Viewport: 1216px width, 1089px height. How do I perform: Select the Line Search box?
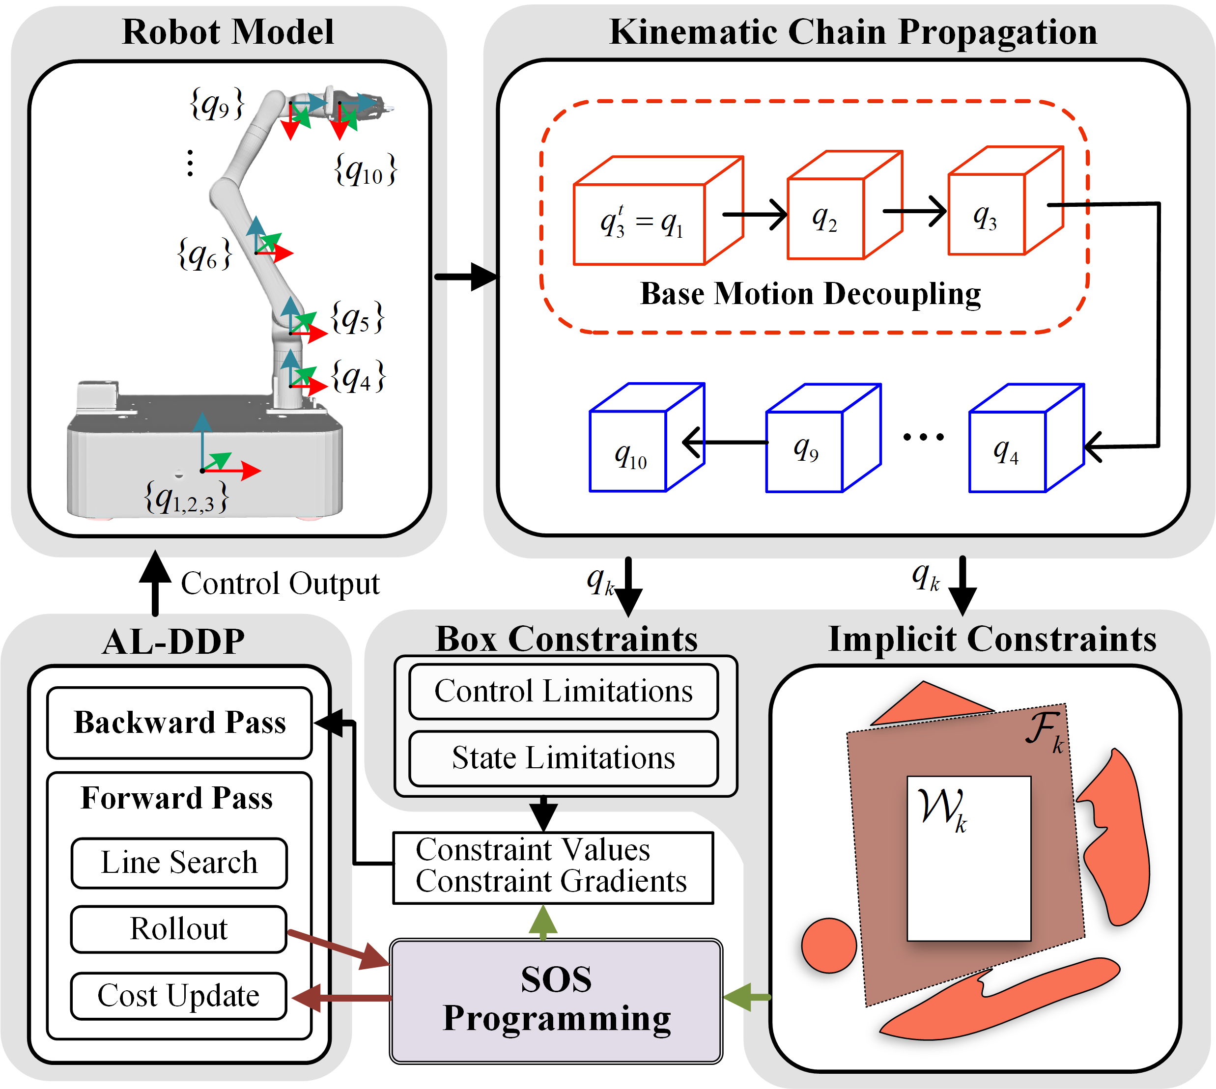(179, 863)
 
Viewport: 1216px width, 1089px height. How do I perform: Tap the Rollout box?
(179, 929)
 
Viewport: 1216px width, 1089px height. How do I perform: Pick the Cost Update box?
(179, 996)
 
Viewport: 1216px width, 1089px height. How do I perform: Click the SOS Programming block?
(556, 1001)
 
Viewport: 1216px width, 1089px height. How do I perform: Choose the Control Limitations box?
(563, 691)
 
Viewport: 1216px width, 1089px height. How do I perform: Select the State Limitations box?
(563, 758)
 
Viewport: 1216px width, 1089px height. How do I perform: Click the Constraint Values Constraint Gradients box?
(553, 867)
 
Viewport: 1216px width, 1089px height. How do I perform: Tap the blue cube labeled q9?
(823, 437)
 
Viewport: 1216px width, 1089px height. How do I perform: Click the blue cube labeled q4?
(1026, 437)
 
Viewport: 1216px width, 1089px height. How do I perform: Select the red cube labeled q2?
(845, 205)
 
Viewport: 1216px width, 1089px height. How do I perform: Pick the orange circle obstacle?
(829, 946)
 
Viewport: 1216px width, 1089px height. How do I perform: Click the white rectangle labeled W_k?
(969, 859)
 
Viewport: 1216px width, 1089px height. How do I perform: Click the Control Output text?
(280, 584)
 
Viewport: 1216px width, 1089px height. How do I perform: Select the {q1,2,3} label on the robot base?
(186, 498)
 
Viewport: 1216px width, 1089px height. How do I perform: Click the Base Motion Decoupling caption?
(810, 294)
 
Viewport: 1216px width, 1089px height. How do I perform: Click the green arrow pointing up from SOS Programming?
(543, 922)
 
